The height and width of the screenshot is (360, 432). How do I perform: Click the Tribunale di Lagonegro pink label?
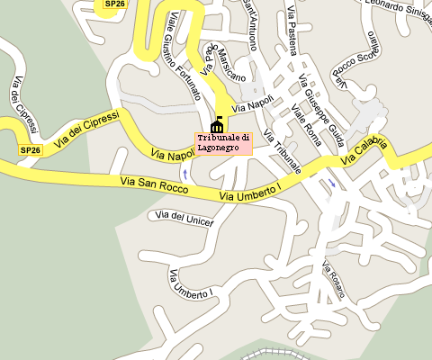tap(224, 141)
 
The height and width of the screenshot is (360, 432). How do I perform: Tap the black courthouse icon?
tap(217, 125)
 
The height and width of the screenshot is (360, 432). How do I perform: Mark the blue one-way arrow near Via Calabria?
tap(332, 184)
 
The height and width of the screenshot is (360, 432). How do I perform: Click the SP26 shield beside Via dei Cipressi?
tap(30, 150)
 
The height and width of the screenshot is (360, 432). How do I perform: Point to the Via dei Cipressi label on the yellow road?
tap(86, 132)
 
